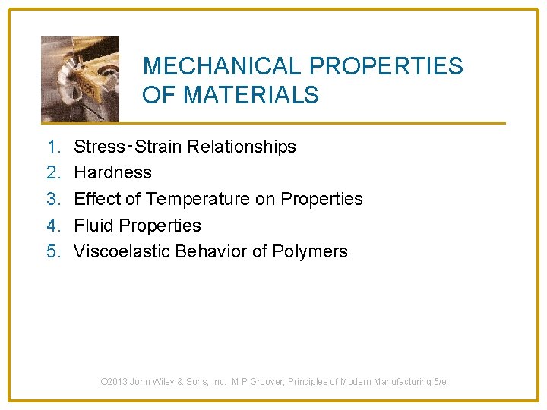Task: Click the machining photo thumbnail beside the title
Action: point(80,79)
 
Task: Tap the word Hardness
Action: point(112,173)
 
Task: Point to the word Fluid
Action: point(91,225)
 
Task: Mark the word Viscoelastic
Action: point(122,252)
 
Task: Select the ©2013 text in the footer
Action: point(114,382)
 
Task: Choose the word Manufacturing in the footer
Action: point(400,382)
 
